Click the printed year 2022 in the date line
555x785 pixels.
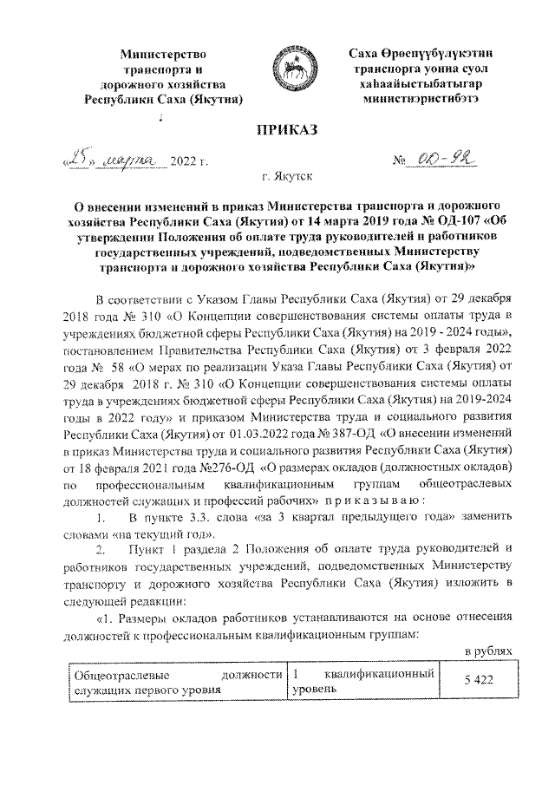pyautogui.click(x=184, y=163)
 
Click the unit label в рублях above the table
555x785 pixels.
pyautogui.click(x=491, y=650)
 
